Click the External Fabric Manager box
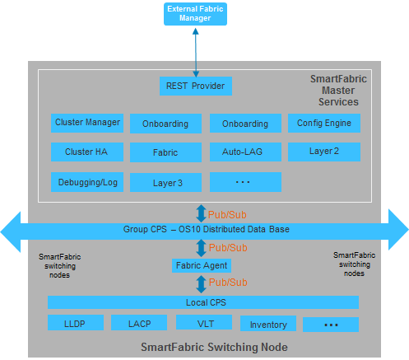click(195, 13)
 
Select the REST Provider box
click(195, 85)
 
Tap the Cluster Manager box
click(87, 123)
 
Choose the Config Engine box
click(323, 123)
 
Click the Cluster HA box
click(87, 152)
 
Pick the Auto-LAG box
click(245, 152)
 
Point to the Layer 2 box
click(323, 152)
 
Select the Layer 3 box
click(165, 182)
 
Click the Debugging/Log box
click(87, 181)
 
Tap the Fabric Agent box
click(202, 265)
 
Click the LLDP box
click(76, 324)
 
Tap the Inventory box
click(267, 325)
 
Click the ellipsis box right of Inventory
click(330, 325)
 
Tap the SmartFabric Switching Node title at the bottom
click(214, 348)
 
